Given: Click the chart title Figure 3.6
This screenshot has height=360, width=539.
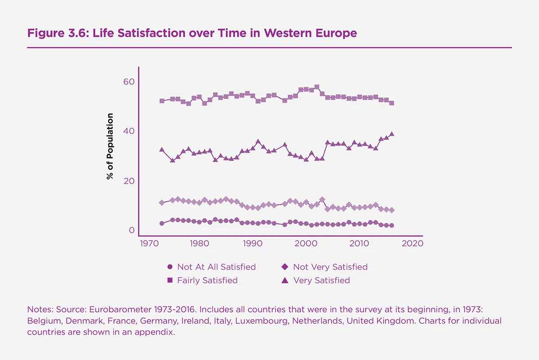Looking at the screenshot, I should tap(192, 33).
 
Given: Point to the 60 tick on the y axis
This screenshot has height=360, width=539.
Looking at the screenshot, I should tap(129, 82).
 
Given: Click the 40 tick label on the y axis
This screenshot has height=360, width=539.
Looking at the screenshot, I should tap(129, 131).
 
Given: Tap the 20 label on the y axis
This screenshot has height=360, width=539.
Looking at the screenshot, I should tap(129, 181).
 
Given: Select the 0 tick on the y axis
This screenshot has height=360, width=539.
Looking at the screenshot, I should tap(132, 230).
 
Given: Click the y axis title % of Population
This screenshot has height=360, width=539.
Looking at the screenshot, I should tap(110, 146).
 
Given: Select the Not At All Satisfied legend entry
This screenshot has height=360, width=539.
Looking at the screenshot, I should tap(211, 267).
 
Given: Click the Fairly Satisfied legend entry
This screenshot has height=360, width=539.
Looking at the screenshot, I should tap(203, 280).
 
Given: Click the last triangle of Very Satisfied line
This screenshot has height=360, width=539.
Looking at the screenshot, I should tap(392, 134).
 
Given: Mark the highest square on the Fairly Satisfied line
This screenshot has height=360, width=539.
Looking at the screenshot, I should tap(317, 87).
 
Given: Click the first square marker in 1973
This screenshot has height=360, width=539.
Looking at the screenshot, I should tap(162, 101).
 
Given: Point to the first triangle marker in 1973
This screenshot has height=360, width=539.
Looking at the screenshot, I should tap(162, 149).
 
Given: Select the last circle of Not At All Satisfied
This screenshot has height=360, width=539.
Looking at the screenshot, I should tap(392, 225).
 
